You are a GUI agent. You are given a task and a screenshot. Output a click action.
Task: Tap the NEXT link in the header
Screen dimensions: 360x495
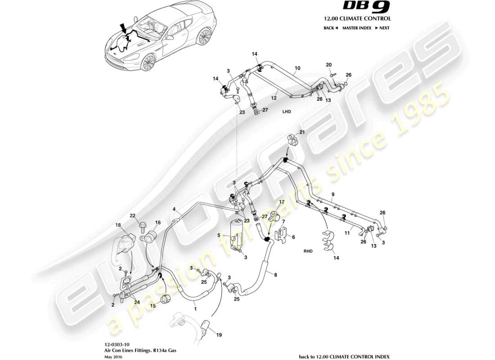coord(382,28)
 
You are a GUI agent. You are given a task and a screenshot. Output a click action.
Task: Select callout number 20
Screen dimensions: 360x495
coord(328,64)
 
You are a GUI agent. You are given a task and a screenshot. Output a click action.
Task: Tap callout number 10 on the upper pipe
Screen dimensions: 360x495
coord(297,69)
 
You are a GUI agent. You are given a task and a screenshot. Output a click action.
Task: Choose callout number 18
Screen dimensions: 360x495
coord(118,225)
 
